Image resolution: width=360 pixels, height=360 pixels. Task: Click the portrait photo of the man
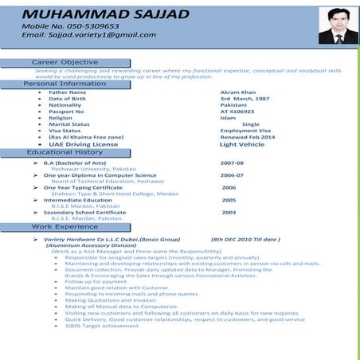(x=332, y=25)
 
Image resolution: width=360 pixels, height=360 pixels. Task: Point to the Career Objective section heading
(x=65, y=62)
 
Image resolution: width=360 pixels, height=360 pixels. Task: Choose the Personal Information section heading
(x=65, y=84)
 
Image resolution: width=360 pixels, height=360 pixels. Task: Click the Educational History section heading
(x=65, y=152)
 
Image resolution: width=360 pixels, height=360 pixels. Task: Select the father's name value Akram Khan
(x=238, y=92)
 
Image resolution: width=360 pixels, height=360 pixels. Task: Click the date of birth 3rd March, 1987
(x=245, y=98)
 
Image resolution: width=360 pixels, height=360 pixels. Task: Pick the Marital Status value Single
(x=251, y=124)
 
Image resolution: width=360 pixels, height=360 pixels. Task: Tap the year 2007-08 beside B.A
(x=232, y=162)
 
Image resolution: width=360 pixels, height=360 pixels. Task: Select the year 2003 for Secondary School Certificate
(x=229, y=213)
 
